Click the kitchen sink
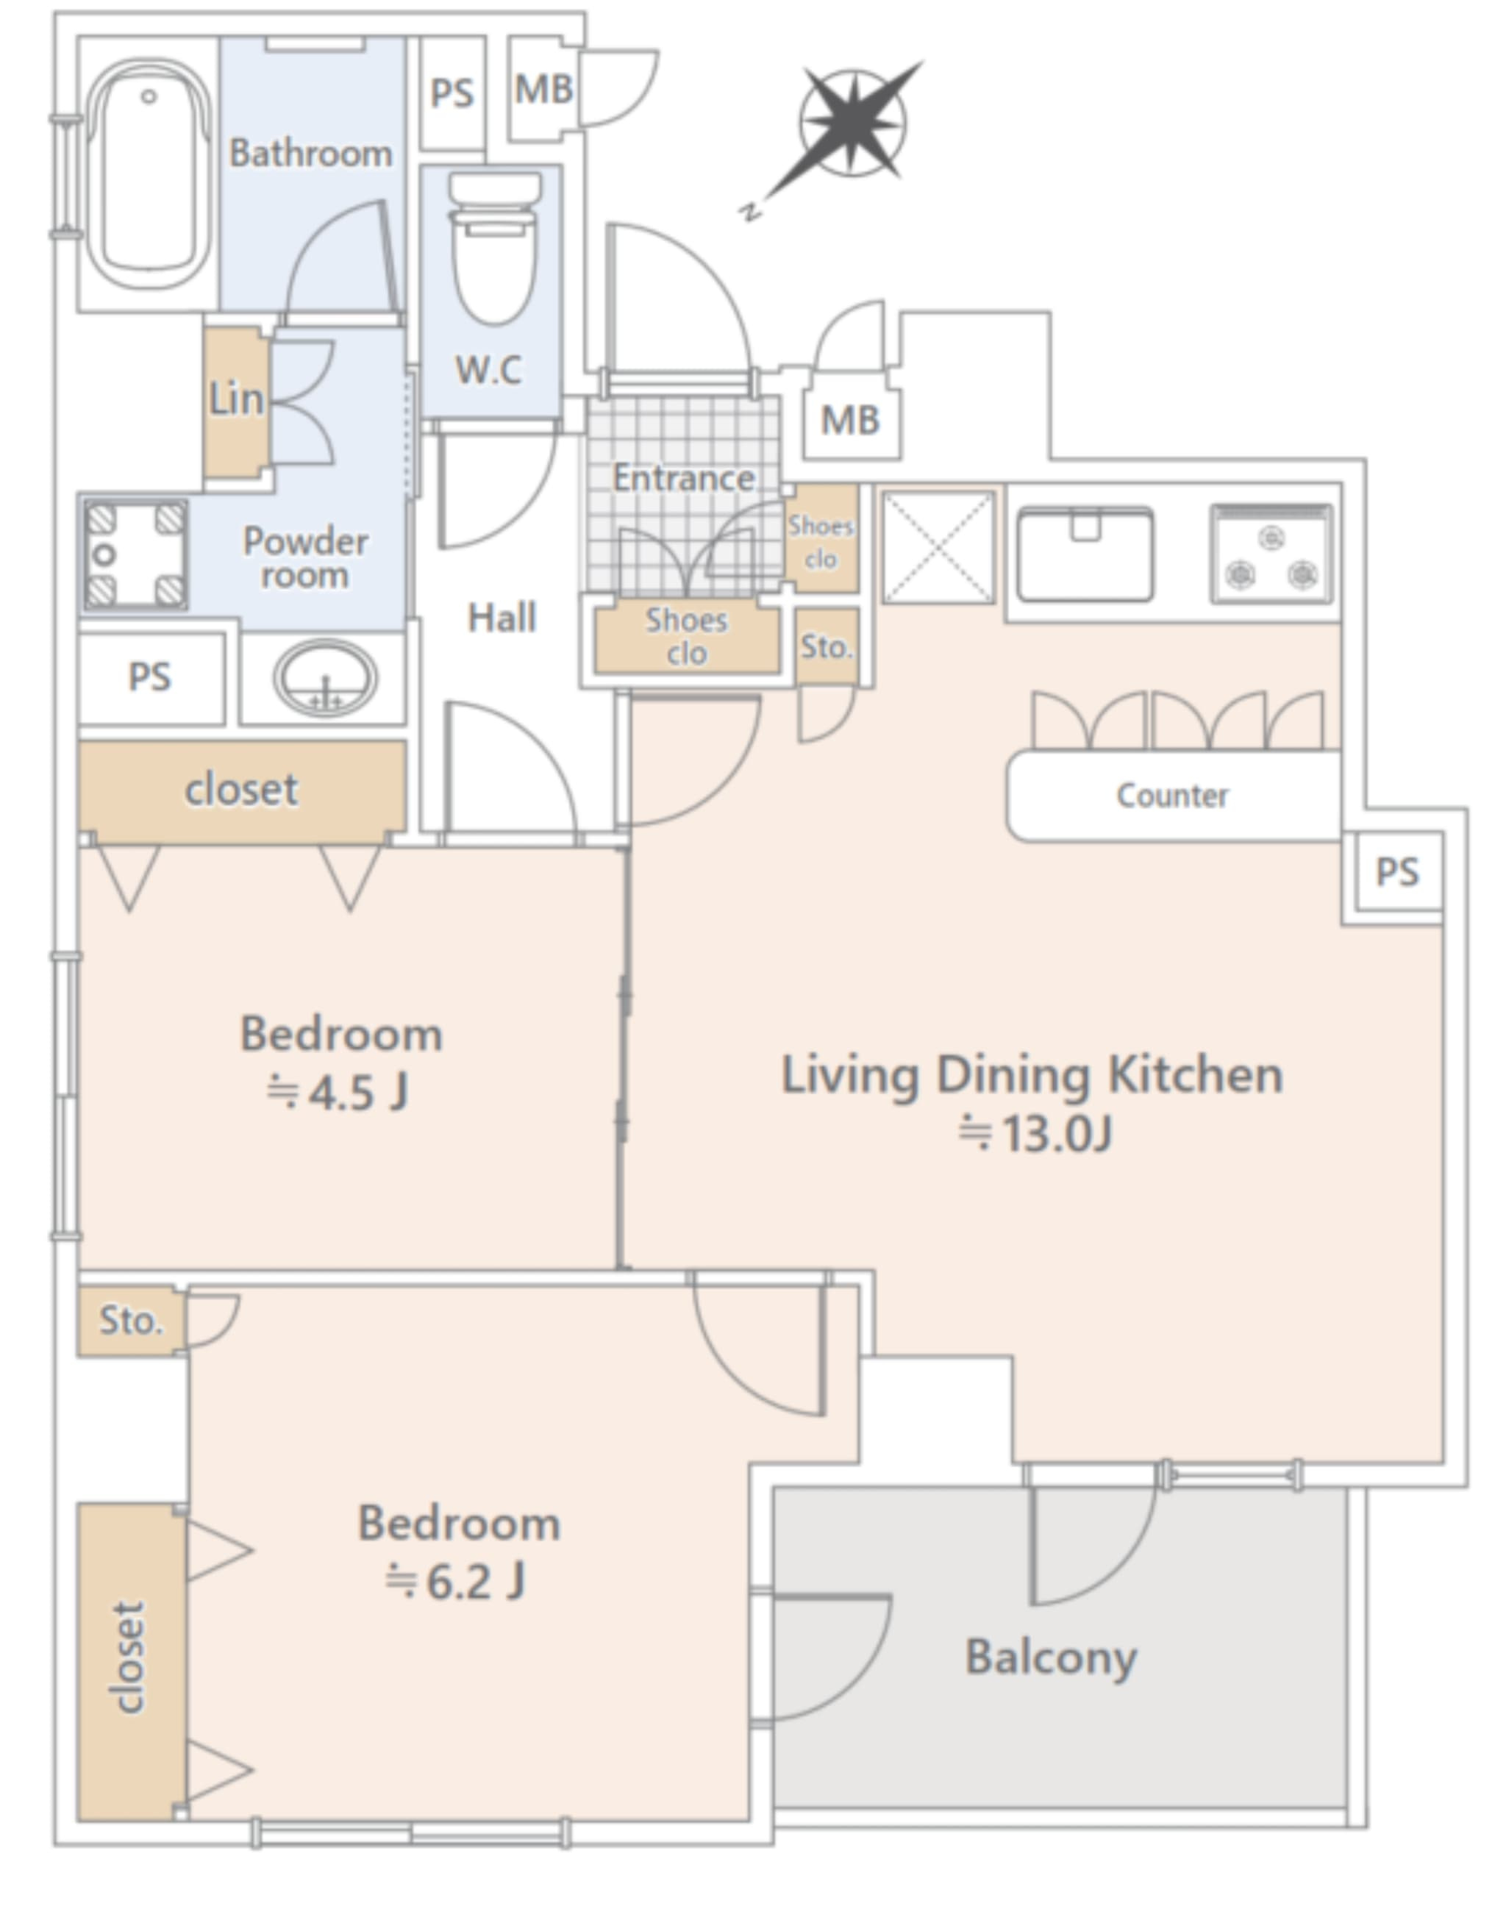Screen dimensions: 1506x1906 1085,553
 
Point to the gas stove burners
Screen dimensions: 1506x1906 1271,554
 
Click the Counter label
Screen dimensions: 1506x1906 1172,795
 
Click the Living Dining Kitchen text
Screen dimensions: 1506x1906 1032,1076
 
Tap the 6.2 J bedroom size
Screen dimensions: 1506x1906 456,1581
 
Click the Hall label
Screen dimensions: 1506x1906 502,617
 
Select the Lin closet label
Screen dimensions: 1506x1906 236,399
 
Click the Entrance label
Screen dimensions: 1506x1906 683,478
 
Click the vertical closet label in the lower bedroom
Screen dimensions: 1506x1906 129,1658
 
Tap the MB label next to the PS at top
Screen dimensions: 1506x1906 543,89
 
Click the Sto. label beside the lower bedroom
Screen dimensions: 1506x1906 130,1321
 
